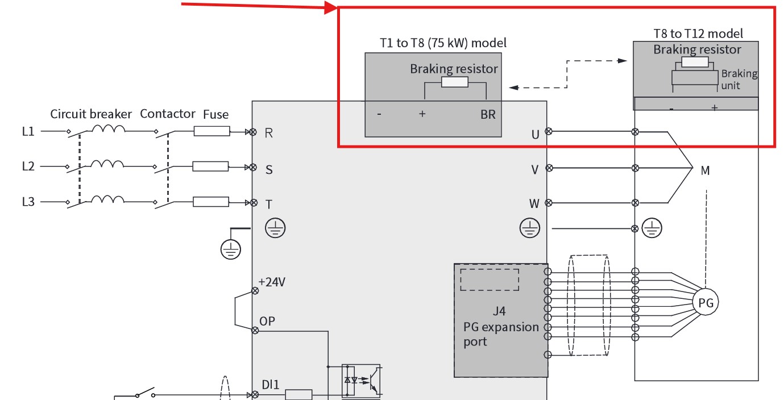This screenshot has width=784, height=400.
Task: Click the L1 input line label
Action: (28, 131)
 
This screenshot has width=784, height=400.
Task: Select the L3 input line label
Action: (28, 202)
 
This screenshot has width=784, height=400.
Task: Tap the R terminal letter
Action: (268, 133)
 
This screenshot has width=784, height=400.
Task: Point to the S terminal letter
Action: (269, 169)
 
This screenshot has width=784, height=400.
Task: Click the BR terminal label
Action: (488, 114)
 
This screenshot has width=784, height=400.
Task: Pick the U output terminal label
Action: (535, 135)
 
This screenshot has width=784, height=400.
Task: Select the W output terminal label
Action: (534, 203)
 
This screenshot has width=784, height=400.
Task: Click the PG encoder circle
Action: (706, 302)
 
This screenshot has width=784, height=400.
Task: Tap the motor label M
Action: (705, 170)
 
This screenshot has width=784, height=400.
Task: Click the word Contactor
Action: (168, 114)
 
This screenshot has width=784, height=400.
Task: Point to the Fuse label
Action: (215, 114)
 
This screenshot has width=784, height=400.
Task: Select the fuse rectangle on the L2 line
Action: (210, 166)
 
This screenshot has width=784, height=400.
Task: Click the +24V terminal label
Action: (272, 282)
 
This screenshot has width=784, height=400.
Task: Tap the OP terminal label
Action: (267, 321)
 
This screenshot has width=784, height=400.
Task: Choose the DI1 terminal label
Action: (271, 385)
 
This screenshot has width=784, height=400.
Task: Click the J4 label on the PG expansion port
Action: (499, 311)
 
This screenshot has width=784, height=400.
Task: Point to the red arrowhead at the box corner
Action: (331, 7)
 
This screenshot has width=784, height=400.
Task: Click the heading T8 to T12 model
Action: (698, 34)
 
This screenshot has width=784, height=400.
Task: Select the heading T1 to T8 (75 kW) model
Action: (443, 43)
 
